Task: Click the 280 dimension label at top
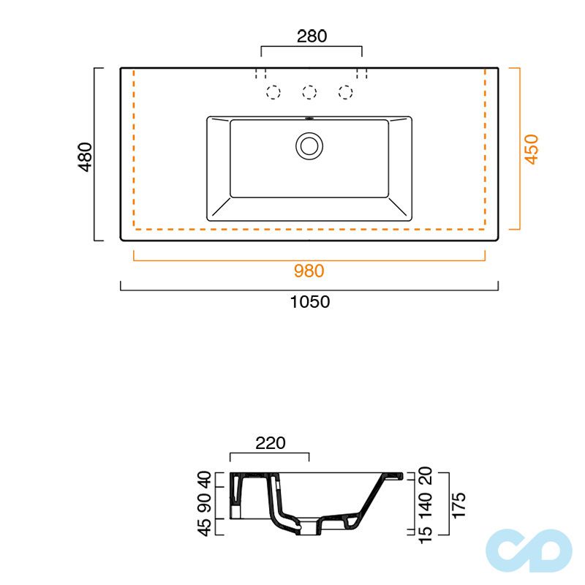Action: point(312,36)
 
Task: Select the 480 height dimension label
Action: point(86,156)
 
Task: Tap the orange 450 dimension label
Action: point(532,148)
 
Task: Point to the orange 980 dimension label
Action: point(309,271)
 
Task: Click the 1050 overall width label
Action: point(309,301)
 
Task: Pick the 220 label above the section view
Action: point(270,442)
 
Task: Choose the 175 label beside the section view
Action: point(459,504)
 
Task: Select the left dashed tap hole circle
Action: point(273,92)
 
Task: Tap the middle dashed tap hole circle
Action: point(309,92)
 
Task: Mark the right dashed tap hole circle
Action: point(345,92)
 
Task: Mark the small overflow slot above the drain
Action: point(309,118)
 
